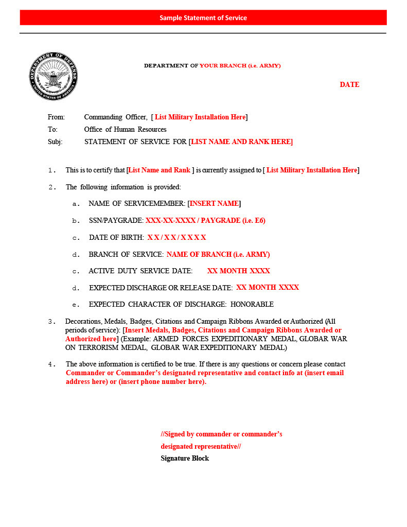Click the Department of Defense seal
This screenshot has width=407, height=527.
coord(53,76)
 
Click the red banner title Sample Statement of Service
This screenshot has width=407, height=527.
coord(203,17)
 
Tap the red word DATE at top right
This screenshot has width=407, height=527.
coord(349,85)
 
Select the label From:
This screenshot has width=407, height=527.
coord(56,117)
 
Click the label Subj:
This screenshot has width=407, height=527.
coord(55,142)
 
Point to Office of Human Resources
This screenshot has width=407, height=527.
coord(125,130)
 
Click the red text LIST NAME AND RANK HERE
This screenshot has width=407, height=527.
coord(241,142)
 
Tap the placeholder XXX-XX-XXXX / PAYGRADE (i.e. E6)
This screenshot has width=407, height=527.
coord(205,221)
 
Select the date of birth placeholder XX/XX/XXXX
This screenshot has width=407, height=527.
coord(176,238)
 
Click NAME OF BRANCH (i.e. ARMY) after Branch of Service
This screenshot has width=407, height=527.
coord(218,255)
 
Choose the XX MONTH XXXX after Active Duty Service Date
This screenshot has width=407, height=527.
coord(238,271)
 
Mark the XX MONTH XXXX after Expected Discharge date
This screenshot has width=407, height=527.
coord(268,288)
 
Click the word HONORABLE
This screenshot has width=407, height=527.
coord(252,305)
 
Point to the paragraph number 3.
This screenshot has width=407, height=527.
coord(51,322)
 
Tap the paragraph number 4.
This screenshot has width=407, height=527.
coord(51,364)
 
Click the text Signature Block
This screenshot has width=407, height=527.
coord(185,459)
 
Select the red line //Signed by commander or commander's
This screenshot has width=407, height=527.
coord(221,434)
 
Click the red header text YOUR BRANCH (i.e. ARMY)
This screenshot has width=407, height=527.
coord(240,66)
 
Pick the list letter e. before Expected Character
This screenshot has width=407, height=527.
coord(76,305)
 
